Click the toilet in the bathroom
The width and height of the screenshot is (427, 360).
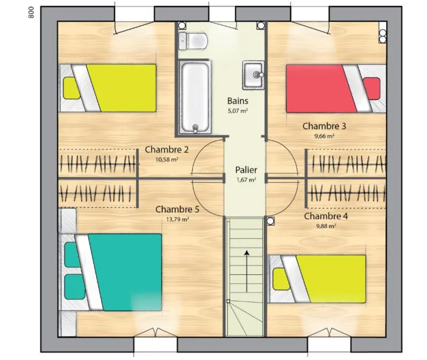tap(193, 41)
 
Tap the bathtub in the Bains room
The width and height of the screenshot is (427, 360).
tap(195, 97)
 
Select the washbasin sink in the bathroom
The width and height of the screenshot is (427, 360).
tap(254, 75)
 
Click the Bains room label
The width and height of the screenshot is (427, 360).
tap(238, 101)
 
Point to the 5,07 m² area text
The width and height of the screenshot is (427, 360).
tap(238, 111)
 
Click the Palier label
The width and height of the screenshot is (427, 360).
tap(246, 170)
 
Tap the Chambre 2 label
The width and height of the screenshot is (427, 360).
tap(167, 150)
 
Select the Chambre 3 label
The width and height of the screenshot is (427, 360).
tap(324, 126)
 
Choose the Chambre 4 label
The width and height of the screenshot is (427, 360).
tap(326, 217)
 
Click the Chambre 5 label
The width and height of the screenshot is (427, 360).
tap(177, 210)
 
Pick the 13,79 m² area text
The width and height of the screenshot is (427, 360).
tap(178, 219)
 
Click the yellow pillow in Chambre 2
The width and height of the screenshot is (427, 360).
tap(72, 88)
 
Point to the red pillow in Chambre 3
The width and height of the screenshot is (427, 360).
tap(371, 89)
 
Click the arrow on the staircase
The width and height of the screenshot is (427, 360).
tap(247, 271)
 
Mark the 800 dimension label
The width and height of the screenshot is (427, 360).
tap(31, 12)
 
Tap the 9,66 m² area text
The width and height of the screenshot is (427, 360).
tap(324, 136)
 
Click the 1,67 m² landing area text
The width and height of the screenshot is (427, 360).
tap(246, 180)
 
